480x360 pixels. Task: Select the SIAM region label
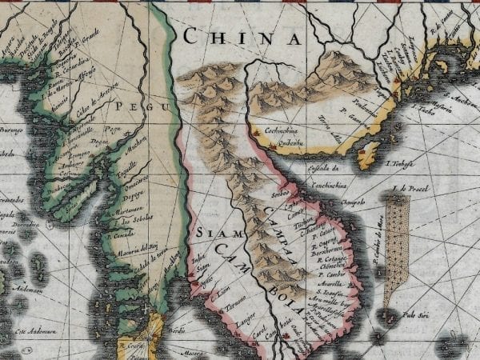[210, 233]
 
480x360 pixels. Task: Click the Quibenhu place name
[287, 144]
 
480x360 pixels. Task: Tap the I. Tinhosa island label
[399, 164]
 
